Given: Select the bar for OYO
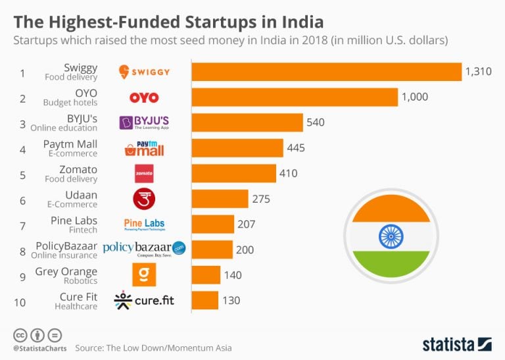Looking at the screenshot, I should point(295,97).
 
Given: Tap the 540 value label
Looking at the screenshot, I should point(314,122).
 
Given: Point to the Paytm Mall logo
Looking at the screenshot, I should point(144,147).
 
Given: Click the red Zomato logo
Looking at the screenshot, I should point(144,173).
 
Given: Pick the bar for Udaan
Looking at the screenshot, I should point(220,198).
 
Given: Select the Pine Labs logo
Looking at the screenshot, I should point(144,224).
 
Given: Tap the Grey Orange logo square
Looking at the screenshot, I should point(144,274).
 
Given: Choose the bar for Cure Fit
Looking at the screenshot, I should point(204,300).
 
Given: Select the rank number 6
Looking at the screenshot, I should point(22,199).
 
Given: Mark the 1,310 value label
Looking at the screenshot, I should point(478,72).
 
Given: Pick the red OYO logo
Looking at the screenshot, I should point(144,97).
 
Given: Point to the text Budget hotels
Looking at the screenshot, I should point(70,103).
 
